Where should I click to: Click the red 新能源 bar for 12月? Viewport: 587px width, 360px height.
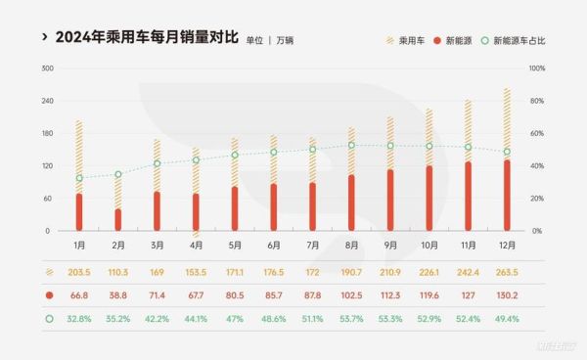pos(506,196)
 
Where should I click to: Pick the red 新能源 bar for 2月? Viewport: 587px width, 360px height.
pos(118,220)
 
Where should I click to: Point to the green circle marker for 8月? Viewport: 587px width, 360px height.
pos(350,145)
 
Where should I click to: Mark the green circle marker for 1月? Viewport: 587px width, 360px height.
pos(79,178)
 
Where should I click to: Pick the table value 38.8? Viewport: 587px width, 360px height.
pos(118,293)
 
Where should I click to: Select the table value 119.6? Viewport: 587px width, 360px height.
pos(429,293)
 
